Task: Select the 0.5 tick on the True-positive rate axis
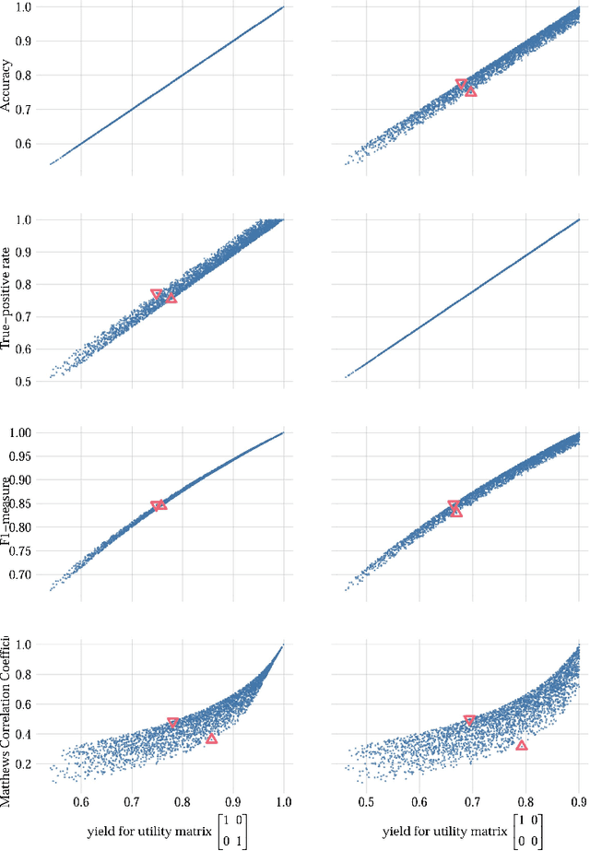click(25, 381)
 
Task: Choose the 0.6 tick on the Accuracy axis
click(25, 144)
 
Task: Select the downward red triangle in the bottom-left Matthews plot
click(173, 723)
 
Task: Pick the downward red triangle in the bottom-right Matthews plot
click(469, 720)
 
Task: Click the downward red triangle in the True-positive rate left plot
click(157, 295)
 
